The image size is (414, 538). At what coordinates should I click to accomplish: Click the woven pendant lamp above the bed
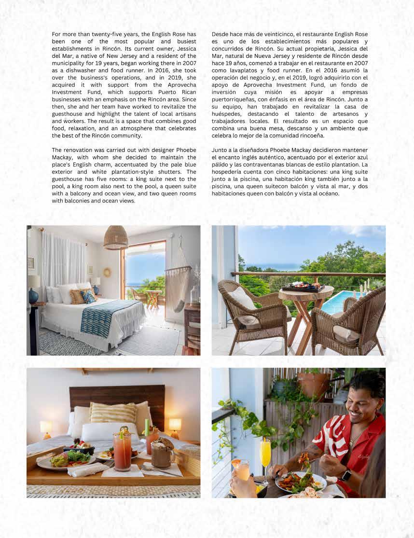pos(116,238)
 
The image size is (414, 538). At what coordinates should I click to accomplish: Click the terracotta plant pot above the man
pos(314,384)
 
